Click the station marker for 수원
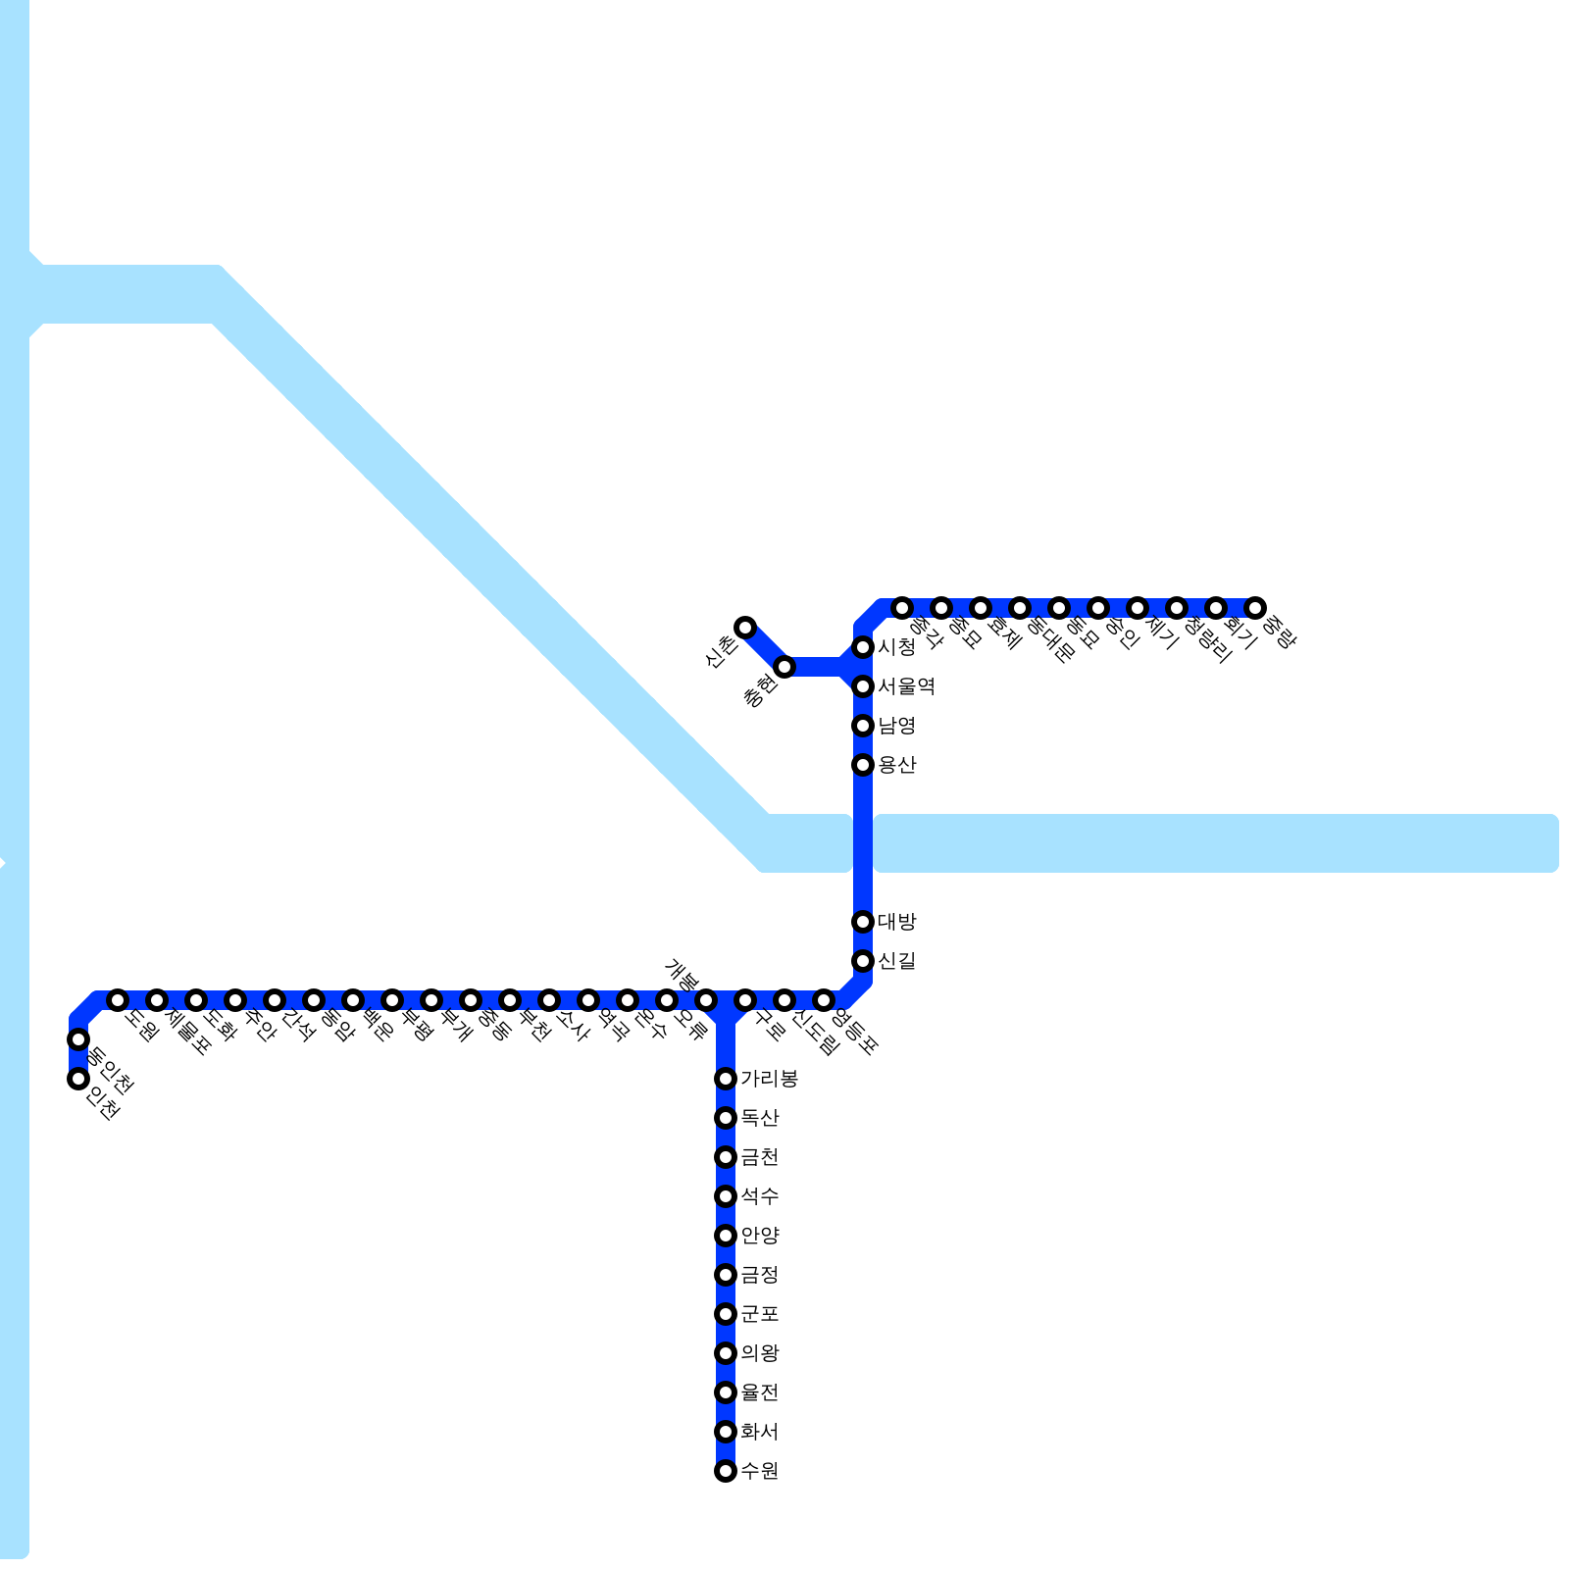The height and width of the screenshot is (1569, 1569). (x=726, y=1471)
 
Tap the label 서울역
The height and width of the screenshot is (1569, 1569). (x=906, y=686)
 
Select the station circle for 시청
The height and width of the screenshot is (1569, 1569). (x=863, y=647)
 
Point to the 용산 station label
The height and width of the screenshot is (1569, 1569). (x=896, y=765)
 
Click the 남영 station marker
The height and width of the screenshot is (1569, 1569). (x=863, y=726)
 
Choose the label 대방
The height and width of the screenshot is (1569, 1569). (x=896, y=922)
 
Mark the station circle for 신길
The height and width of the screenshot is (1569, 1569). (x=863, y=961)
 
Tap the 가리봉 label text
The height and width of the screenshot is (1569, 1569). (x=769, y=1079)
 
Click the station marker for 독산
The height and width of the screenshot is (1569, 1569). (x=726, y=1118)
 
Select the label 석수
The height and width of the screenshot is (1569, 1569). (x=759, y=1196)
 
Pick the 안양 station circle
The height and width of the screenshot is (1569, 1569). (x=726, y=1236)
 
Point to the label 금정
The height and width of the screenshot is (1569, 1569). (x=759, y=1275)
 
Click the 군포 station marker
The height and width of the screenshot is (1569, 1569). (x=726, y=1314)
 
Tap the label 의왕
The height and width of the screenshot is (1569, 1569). (x=759, y=1353)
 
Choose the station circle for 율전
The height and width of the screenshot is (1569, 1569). (x=726, y=1392)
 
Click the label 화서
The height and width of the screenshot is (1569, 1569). (x=759, y=1432)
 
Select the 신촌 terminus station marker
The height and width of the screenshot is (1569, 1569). (x=745, y=628)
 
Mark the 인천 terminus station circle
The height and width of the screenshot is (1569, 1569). (x=78, y=1079)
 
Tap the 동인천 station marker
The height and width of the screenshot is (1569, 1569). (x=78, y=1039)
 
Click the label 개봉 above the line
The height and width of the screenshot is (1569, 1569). (x=683, y=975)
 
